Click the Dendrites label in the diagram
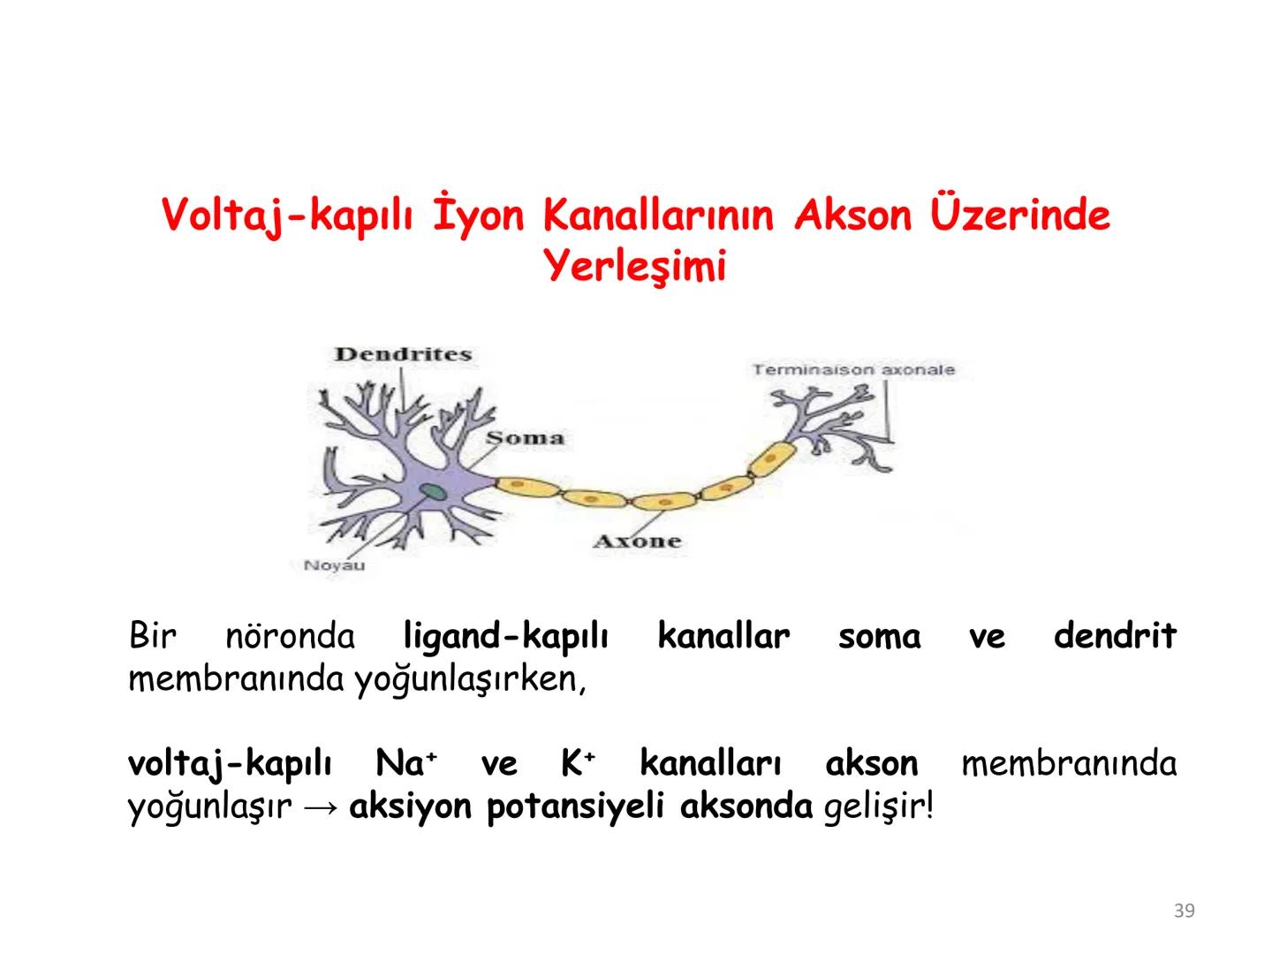(x=403, y=354)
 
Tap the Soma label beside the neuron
(x=526, y=437)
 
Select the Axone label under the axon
(x=638, y=541)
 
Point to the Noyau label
(x=334, y=565)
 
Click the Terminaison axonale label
(x=853, y=369)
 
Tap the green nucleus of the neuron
(x=432, y=493)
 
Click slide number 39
(x=1185, y=911)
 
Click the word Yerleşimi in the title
(x=636, y=266)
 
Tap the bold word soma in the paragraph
(x=879, y=636)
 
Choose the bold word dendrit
(x=1115, y=635)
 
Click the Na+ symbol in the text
(x=406, y=763)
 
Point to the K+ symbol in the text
(x=579, y=763)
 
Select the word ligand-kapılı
(x=505, y=636)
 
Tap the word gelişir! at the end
(x=877, y=807)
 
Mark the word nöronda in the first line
(x=290, y=636)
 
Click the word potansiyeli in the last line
(x=574, y=807)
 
